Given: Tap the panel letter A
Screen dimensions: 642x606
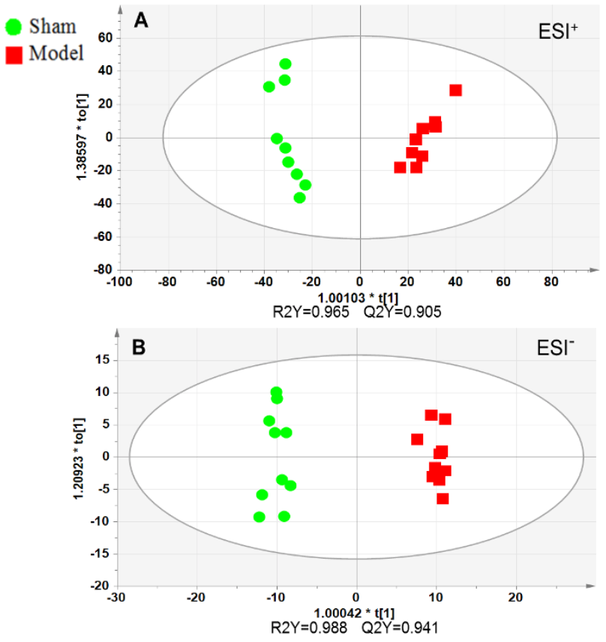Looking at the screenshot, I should click(x=139, y=21).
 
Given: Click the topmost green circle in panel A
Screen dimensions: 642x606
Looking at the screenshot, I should click(x=285, y=64).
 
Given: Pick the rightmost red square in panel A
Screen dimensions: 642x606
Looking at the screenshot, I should click(x=455, y=90).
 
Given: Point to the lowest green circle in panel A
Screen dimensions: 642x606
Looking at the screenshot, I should click(x=300, y=198).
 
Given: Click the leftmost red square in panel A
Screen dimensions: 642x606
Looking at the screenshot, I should click(x=400, y=167).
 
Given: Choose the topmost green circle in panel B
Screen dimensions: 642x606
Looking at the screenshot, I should click(x=276, y=392).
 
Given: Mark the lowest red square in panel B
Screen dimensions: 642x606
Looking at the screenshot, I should click(x=442, y=498).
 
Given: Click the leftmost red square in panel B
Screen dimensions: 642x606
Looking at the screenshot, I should click(x=417, y=439).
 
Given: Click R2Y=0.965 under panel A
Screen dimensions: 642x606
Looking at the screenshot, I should click(x=318, y=311).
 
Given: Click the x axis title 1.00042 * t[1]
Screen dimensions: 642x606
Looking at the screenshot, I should click(x=356, y=613).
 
